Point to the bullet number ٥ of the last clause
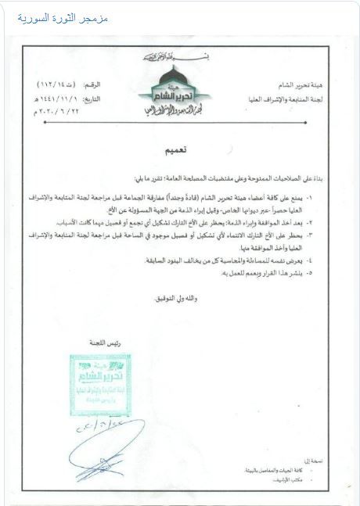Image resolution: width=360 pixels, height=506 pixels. pos(311,272)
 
